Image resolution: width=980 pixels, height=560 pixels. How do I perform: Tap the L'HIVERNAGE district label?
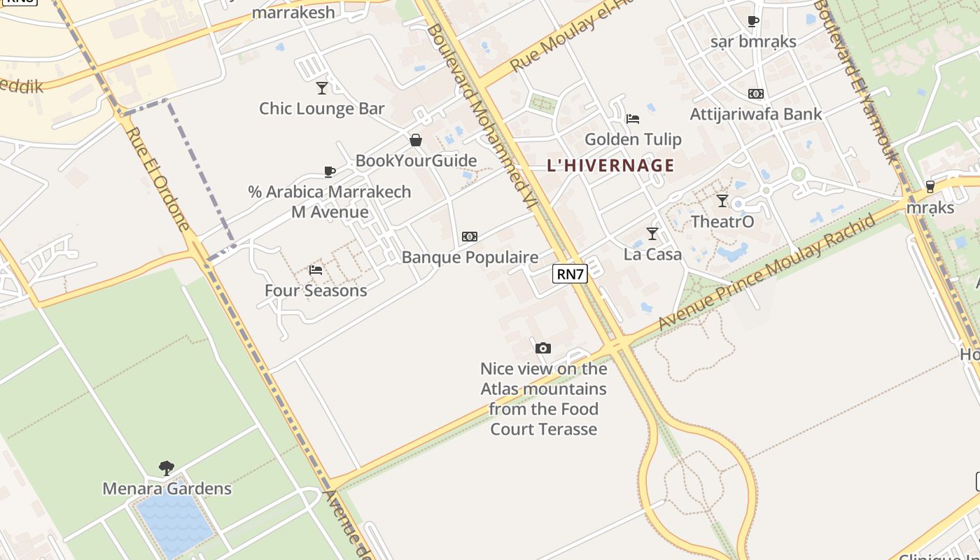tap(610, 166)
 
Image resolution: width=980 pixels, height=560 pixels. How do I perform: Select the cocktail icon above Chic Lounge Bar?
tap(322, 88)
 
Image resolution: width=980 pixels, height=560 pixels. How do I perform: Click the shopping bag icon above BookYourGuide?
tap(416, 140)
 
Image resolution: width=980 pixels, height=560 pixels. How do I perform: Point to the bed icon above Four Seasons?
tap(316, 270)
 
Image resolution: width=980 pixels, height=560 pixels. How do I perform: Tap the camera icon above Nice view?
tap(542, 348)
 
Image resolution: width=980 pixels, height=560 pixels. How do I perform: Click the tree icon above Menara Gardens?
tap(167, 468)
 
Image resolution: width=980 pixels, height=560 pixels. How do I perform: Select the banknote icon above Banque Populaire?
tap(470, 237)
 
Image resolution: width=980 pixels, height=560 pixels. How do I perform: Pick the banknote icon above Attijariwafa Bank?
tap(755, 94)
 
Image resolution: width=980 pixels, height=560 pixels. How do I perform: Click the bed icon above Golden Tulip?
tap(633, 118)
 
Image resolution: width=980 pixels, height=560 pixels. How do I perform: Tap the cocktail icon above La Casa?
tap(652, 233)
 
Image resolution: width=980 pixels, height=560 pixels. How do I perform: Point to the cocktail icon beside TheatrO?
tap(722, 201)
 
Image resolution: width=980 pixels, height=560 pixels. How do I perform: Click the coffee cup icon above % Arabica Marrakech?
tap(330, 171)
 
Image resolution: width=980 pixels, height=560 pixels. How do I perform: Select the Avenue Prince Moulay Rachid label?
tap(767, 272)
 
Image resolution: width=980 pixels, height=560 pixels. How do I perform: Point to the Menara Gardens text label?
tap(167, 488)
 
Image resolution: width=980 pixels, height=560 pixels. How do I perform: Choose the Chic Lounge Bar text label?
tap(322, 108)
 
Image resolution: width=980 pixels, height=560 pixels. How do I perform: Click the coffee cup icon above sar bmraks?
tap(753, 22)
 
